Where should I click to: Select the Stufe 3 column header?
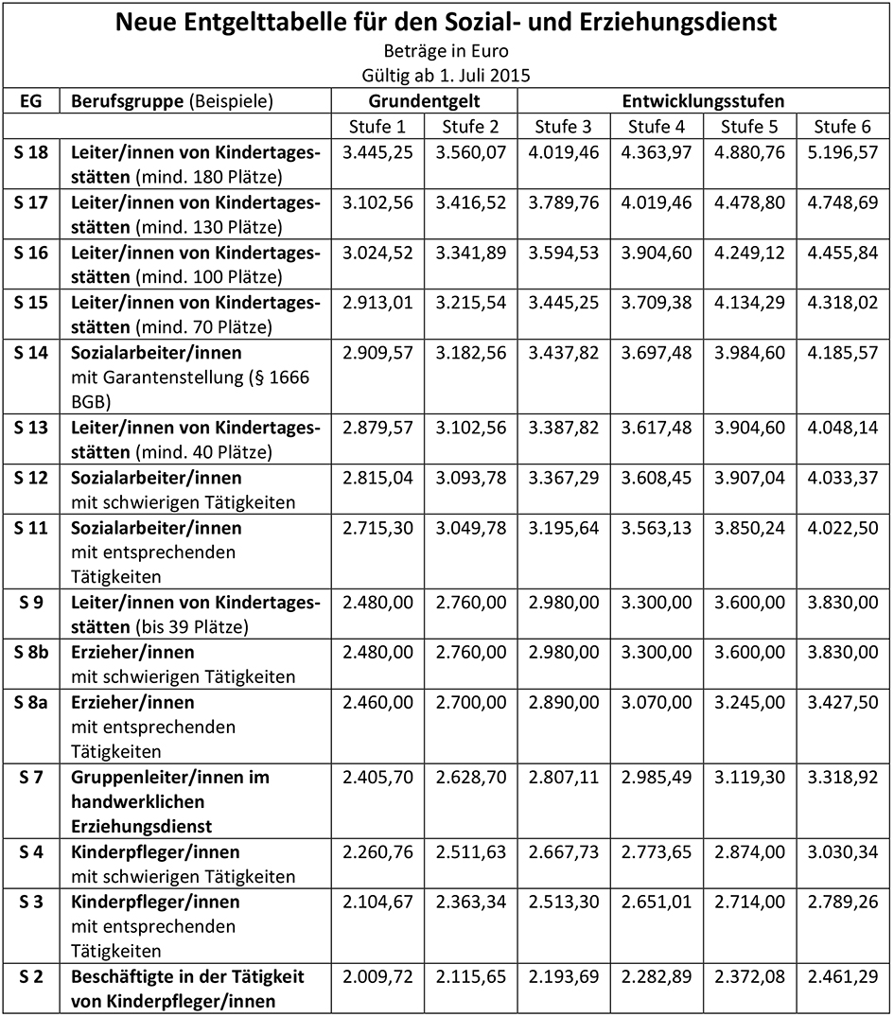pos(564,127)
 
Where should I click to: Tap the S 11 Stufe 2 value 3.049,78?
pos(470,528)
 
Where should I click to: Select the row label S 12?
pos(31,478)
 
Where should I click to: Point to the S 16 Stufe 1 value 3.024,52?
pos(377,253)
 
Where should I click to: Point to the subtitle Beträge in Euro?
pos(447,51)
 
